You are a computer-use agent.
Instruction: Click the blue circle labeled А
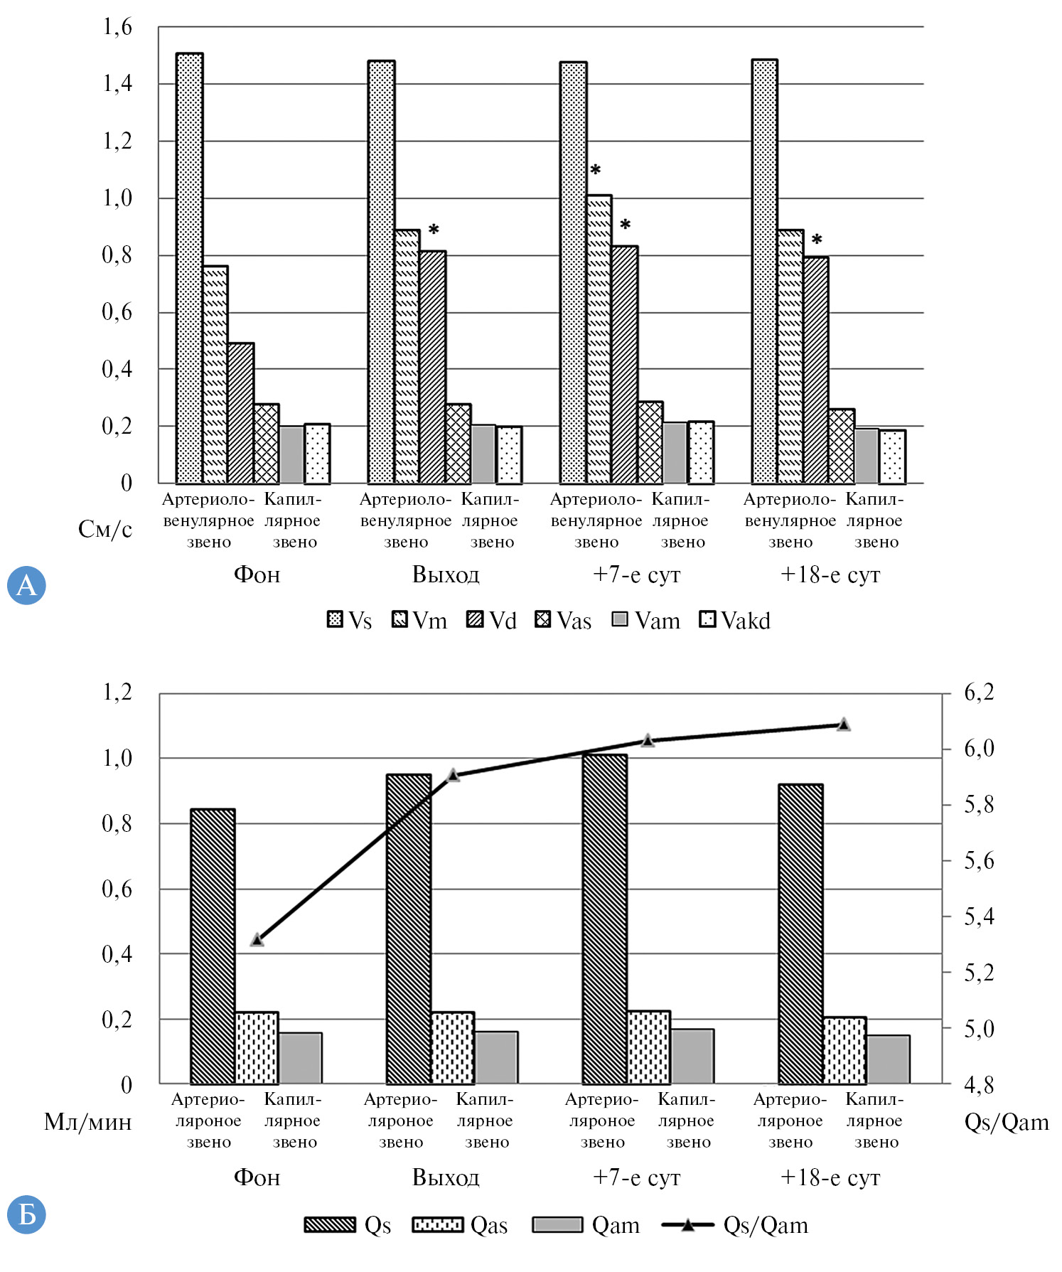click(x=26, y=585)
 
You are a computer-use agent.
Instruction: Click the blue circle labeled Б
click(x=26, y=1214)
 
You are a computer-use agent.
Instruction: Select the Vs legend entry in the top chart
click(x=350, y=621)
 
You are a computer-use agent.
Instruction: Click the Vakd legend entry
click(x=735, y=621)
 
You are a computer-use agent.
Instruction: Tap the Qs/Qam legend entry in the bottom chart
click(x=735, y=1225)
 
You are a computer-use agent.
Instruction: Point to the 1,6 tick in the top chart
click(x=118, y=27)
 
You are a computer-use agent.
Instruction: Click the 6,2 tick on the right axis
click(x=979, y=692)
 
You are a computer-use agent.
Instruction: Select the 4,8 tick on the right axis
click(x=979, y=1084)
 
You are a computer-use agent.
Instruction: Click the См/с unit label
click(x=105, y=529)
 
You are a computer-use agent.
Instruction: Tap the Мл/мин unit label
click(x=88, y=1122)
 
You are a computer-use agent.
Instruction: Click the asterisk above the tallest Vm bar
click(x=596, y=171)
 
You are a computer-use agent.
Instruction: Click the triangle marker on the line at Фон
click(x=257, y=940)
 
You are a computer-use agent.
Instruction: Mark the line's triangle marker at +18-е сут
click(x=844, y=725)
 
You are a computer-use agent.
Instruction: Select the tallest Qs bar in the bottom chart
click(x=604, y=917)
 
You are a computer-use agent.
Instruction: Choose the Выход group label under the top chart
click(x=446, y=574)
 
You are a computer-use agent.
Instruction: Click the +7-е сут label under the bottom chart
click(x=637, y=1177)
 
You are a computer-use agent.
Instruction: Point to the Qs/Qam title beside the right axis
click(x=1007, y=1122)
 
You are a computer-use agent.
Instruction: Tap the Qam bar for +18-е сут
click(x=888, y=1059)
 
